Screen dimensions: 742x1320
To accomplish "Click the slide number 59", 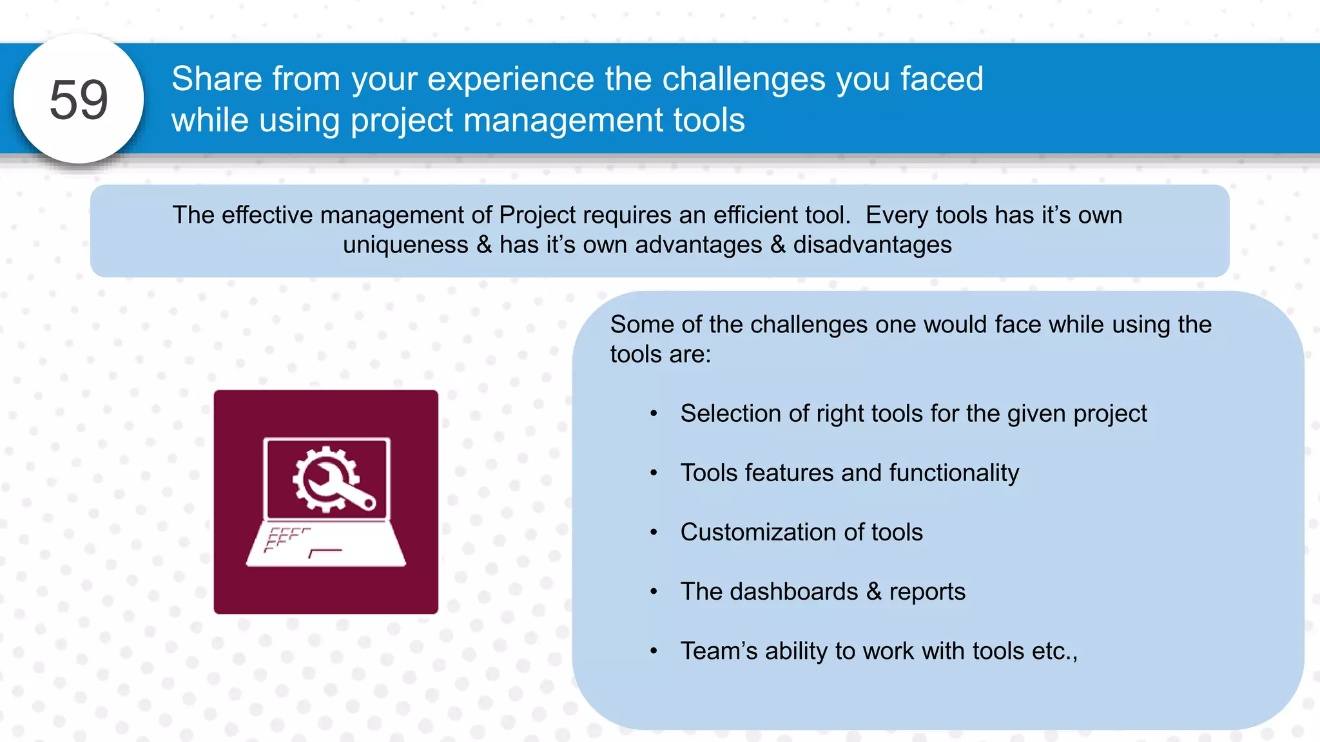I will [x=79, y=100].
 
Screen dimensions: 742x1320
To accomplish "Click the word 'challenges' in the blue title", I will [x=744, y=79].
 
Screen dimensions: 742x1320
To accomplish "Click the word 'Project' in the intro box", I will [x=537, y=215].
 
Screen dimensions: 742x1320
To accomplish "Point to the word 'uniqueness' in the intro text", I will [x=405, y=245].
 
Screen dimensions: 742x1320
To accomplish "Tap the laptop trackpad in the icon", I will [x=325, y=553].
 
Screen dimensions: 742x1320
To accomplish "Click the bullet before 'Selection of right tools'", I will [x=654, y=414].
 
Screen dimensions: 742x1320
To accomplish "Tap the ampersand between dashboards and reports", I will [x=873, y=592].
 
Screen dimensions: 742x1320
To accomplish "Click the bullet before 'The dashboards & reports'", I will [x=654, y=592].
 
